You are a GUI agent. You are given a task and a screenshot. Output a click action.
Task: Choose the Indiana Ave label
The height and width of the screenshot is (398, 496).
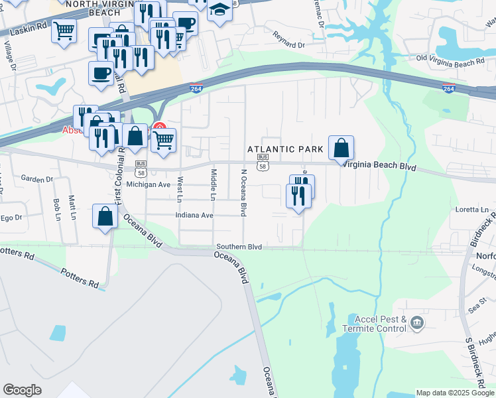click(194, 216)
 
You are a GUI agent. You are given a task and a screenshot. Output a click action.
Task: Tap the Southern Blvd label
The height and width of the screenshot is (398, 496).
click(239, 247)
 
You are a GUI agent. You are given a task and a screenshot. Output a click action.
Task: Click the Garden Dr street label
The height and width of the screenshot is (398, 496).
click(36, 179)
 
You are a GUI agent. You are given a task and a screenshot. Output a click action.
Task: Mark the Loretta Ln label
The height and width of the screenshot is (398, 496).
click(471, 210)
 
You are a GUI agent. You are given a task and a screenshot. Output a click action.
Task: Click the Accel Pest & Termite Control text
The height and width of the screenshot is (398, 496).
click(375, 324)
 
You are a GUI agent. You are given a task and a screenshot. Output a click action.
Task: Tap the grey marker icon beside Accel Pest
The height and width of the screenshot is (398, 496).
click(417, 323)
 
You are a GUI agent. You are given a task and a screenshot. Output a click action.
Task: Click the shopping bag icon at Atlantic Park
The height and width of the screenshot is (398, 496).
click(341, 148)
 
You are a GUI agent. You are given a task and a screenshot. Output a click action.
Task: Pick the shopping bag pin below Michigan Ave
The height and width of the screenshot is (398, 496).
click(105, 216)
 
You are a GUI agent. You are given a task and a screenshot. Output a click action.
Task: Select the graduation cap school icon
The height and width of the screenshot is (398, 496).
click(219, 11)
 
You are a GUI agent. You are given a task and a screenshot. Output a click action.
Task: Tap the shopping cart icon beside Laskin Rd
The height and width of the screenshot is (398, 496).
click(64, 31)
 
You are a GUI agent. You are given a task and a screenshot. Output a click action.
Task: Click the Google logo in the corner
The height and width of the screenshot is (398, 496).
click(22, 390)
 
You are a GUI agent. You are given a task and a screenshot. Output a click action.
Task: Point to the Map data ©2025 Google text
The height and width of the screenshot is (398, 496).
click(455, 393)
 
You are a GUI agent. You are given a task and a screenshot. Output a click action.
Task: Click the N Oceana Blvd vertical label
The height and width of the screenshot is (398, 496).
click(244, 192)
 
